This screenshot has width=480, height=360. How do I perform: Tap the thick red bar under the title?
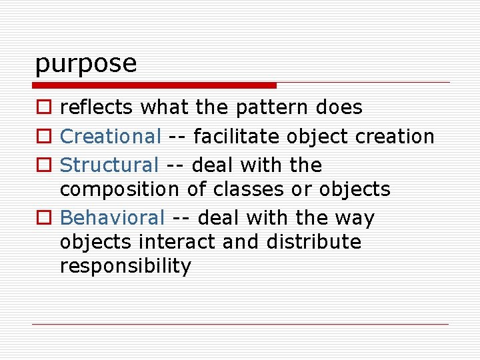[155, 85]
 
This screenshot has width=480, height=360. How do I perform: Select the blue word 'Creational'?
[110, 137]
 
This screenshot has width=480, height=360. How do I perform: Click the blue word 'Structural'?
[109, 165]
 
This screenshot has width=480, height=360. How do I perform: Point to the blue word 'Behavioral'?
[112, 218]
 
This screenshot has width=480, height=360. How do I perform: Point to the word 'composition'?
[119, 190]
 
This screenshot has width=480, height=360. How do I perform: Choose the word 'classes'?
[244, 189]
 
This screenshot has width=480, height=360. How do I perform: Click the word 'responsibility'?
[125, 267]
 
